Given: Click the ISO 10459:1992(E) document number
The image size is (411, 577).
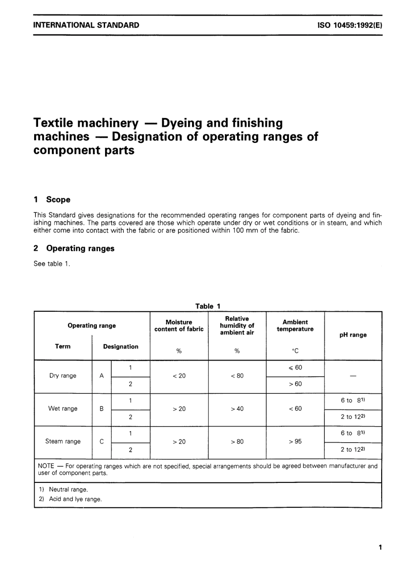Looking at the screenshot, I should (350, 25).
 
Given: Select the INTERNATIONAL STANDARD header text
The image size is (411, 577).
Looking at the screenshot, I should (86, 25).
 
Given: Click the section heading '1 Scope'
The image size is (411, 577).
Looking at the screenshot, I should (52, 200).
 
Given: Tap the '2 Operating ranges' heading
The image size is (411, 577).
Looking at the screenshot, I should (74, 248).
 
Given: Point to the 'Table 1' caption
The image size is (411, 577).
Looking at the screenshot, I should (208, 306).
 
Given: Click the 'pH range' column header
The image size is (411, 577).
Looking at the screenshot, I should (353, 335).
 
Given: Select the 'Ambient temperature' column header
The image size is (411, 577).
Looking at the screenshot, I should (295, 326).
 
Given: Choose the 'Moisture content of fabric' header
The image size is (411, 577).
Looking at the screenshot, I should (179, 326).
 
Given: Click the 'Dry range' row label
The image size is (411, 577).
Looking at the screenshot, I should (63, 376).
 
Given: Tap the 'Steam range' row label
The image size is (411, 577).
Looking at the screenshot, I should (63, 441).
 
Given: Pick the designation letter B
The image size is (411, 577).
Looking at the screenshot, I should (102, 409).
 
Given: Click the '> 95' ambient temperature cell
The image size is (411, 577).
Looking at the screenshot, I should (295, 441).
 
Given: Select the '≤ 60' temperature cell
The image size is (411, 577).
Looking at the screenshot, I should (295, 368).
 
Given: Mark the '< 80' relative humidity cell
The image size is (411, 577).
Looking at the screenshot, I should (237, 376).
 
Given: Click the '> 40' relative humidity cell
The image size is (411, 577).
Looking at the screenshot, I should (237, 409).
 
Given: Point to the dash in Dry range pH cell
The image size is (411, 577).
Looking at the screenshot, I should (353, 376).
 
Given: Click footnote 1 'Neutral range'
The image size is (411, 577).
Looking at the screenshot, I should (68, 489).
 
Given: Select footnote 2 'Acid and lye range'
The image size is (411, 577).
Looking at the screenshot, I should (75, 499).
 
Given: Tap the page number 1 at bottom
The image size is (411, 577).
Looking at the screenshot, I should (380, 548).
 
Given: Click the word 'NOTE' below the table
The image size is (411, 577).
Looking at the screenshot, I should (46, 466).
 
